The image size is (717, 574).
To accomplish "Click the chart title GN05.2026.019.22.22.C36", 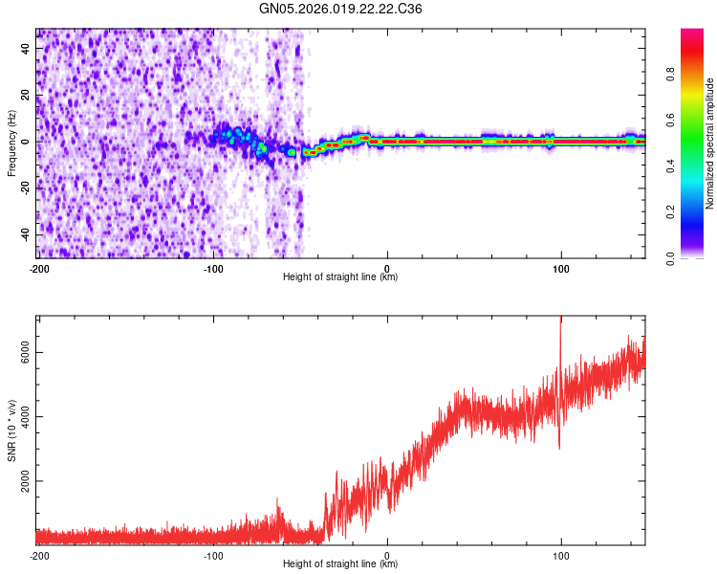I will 341,9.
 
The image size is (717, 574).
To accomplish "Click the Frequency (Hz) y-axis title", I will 11,143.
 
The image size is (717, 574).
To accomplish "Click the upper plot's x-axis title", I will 340,276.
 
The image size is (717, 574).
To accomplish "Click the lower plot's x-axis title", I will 340,563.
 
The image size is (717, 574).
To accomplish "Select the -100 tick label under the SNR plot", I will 213,555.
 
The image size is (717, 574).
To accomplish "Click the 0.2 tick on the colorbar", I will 670,212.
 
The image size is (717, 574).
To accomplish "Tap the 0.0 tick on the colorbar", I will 670,256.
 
